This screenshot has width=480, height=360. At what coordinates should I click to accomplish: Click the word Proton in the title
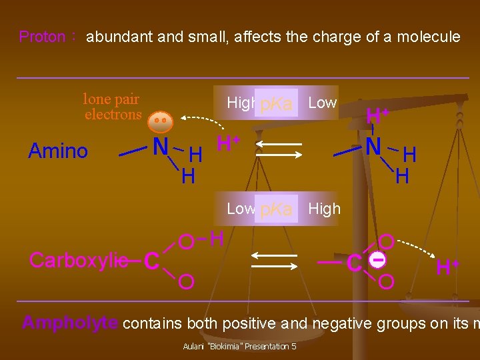(x=41, y=37)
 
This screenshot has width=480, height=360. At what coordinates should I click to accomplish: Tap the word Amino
(x=58, y=151)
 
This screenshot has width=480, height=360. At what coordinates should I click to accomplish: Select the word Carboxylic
(x=79, y=260)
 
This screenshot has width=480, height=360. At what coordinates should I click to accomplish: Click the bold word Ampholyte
(x=70, y=323)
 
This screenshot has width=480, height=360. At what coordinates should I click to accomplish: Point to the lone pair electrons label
(x=112, y=107)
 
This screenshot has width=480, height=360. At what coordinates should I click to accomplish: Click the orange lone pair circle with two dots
(x=160, y=122)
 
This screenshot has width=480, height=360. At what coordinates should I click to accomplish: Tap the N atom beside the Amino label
(x=160, y=146)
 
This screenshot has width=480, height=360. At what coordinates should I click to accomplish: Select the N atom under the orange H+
(x=373, y=145)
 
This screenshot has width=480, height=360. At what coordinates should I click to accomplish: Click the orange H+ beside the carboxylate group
(x=447, y=267)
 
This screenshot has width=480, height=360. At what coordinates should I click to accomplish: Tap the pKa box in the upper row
(x=276, y=104)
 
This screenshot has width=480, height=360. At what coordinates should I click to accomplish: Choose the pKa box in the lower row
(x=276, y=209)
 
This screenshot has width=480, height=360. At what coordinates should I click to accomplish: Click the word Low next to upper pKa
(x=323, y=103)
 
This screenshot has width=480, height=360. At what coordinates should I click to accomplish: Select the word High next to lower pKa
(x=324, y=209)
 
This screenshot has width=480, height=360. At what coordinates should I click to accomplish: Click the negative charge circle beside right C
(x=377, y=261)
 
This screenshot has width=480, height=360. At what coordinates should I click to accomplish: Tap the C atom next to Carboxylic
(x=151, y=261)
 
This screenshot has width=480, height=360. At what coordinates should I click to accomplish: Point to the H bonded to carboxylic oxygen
(x=216, y=237)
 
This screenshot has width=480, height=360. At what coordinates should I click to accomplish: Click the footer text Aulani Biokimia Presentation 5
(x=239, y=347)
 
